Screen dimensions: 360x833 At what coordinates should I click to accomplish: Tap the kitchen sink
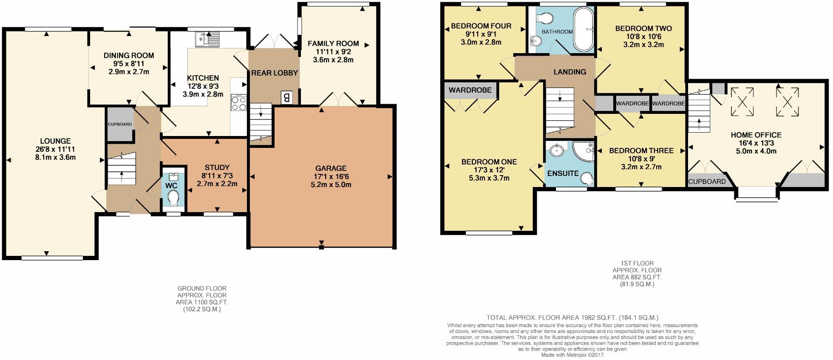tap(207, 39)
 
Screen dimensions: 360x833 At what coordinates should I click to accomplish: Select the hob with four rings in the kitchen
tap(239, 102)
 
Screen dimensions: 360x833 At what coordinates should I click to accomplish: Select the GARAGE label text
tap(331, 168)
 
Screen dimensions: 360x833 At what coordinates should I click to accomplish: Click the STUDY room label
tap(217, 167)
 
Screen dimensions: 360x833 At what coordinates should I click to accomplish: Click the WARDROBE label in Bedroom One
tap(470, 90)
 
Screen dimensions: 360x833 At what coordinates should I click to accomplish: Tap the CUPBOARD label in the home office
tap(707, 181)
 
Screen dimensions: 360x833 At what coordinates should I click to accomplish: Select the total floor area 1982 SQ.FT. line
tap(572, 317)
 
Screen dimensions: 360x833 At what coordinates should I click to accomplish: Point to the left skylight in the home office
tap(742, 102)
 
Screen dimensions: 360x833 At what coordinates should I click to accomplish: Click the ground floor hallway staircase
tap(121, 170)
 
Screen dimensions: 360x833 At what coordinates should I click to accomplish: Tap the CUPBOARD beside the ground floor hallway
tap(119, 125)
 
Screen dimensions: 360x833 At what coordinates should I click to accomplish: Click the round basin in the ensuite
tap(556, 150)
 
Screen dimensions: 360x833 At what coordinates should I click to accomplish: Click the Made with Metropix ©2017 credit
tap(572, 355)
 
